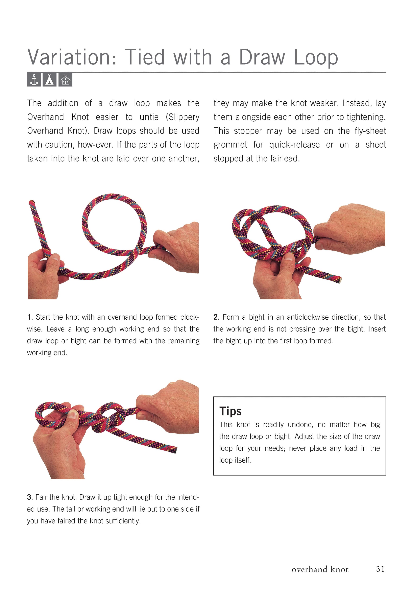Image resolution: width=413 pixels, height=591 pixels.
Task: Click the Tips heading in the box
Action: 230,411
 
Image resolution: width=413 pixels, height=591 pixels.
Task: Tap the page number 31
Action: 380,569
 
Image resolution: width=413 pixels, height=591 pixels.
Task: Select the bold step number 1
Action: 29,317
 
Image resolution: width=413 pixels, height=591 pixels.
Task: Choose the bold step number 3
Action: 29,497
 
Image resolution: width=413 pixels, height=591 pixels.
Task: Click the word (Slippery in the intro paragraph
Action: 183,117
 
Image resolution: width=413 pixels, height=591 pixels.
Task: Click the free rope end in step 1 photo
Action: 32,203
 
